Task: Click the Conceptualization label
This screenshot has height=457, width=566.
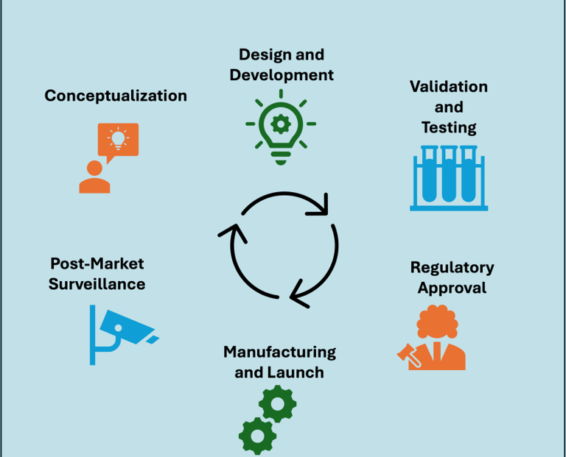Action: coord(116,96)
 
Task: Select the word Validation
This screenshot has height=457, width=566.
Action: coord(448,87)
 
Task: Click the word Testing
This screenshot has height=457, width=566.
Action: coord(449,127)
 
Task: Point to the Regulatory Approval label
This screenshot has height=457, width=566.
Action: coord(452,277)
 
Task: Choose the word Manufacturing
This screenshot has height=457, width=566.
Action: coord(279,352)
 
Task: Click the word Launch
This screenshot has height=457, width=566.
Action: coord(299,372)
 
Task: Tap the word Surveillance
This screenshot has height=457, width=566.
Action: coord(97,284)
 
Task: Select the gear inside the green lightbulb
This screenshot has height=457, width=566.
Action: coord(281,122)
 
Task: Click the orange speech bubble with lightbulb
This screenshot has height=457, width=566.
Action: coord(118,140)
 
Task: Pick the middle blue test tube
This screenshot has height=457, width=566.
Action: coord(448,175)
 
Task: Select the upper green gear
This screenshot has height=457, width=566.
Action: coord(278,403)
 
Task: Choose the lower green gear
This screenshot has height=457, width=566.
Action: coord(257,436)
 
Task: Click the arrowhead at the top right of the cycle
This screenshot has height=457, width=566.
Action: coord(318,207)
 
